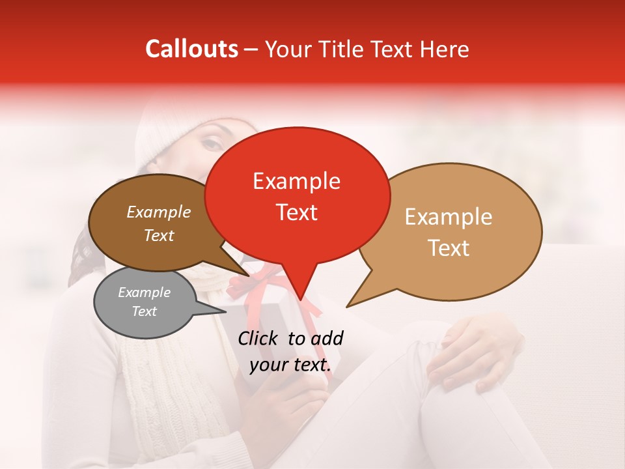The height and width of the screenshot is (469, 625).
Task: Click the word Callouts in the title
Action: tap(191, 49)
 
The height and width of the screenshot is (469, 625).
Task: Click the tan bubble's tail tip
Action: tap(348, 306)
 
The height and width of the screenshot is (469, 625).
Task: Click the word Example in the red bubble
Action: tap(296, 181)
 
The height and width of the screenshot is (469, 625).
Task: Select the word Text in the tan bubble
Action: tap(449, 248)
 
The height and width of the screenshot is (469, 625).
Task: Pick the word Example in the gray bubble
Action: tap(144, 292)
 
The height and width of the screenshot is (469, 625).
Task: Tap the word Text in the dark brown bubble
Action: tap(159, 235)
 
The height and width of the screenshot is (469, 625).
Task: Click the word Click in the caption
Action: tap(259, 338)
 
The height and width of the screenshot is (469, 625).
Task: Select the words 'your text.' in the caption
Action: tap(290, 365)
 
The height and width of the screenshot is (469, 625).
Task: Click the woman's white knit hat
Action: tap(169, 130)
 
